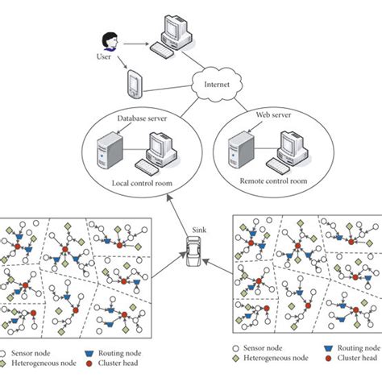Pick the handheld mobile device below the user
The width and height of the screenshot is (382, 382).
tap(135, 81)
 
